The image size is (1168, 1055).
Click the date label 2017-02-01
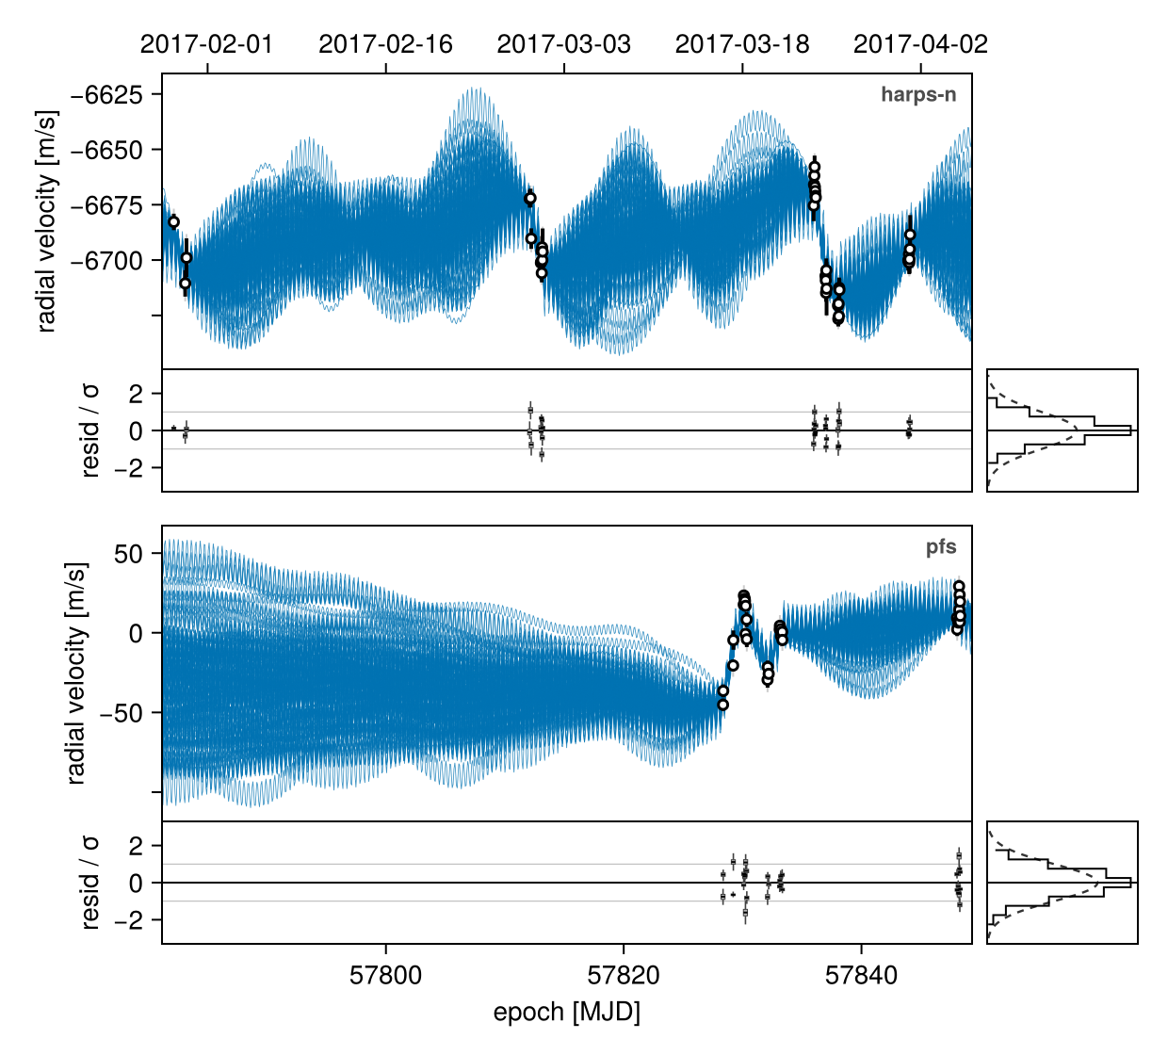206,44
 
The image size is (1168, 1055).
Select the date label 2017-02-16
385,44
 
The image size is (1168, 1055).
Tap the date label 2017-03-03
563,44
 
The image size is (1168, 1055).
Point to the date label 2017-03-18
742,44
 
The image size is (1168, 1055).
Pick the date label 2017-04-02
920,44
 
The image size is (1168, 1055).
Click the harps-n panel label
918,94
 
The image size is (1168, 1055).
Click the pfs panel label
941,547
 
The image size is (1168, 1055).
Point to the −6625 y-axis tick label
106,94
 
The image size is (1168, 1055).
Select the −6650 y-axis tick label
106,151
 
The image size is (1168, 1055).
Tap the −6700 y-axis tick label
106,260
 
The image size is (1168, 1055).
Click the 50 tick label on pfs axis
128,554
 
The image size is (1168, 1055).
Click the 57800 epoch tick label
385,975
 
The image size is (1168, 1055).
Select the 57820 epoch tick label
623,975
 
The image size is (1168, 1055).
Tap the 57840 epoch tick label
861,975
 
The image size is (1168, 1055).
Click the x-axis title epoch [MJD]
566,1013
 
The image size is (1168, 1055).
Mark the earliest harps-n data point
173,222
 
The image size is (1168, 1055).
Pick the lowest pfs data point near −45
722,705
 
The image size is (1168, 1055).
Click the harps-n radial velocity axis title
46,221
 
